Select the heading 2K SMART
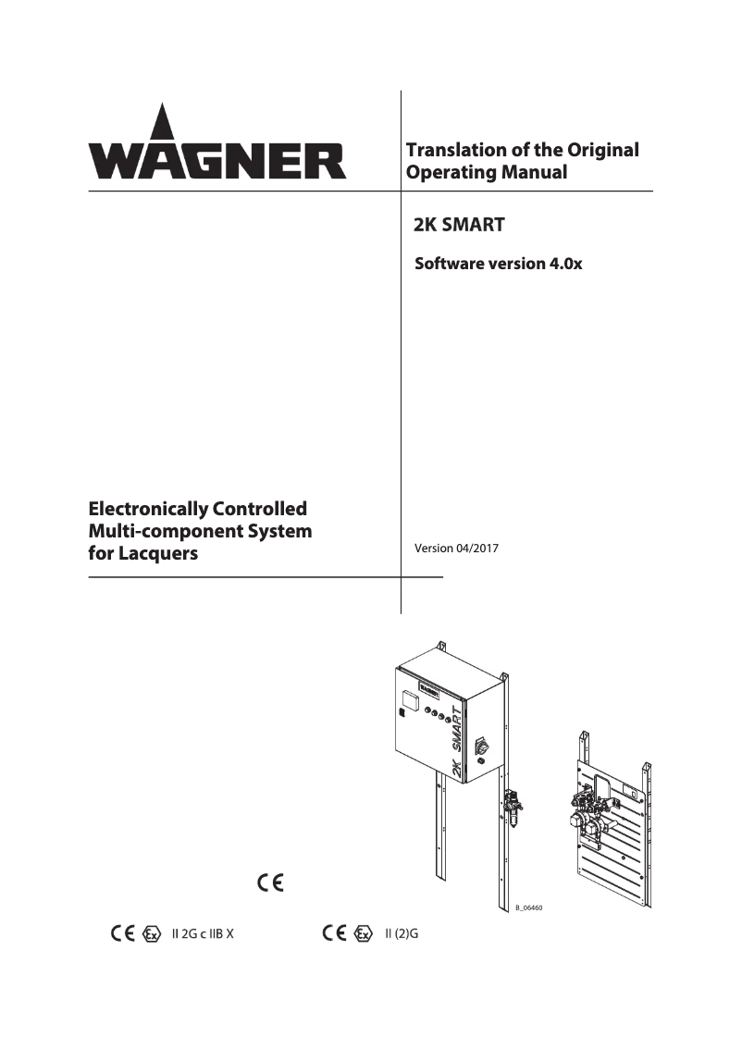(x=458, y=224)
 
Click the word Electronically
(x=148, y=509)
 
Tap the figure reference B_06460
(x=528, y=908)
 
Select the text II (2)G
(x=402, y=933)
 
